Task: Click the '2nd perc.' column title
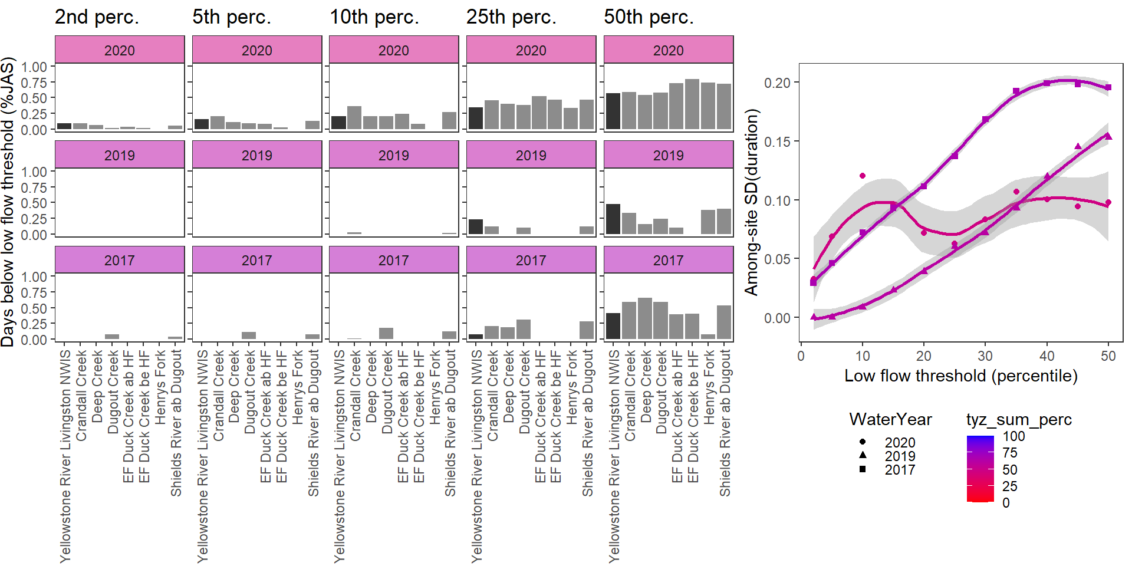click(x=97, y=17)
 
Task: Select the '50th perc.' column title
click(x=649, y=17)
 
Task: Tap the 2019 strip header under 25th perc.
click(x=531, y=155)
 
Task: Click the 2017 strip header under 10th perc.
click(x=393, y=260)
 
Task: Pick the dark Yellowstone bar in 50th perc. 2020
click(x=613, y=111)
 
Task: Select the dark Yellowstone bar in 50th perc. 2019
click(x=613, y=219)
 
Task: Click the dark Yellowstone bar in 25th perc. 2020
click(x=476, y=119)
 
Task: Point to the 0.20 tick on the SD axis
click(x=777, y=83)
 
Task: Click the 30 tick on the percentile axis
click(x=985, y=356)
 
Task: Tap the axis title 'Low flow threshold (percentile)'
click(x=961, y=376)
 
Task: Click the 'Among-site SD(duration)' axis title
click(x=751, y=202)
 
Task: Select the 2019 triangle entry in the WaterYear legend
click(x=863, y=456)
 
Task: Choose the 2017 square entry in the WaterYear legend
click(x=863, y=469)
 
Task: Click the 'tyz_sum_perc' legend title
click(x=1019, y=420)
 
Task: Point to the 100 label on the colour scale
click(x=1013, y=436)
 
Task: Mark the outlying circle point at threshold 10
click(x=863, y=176)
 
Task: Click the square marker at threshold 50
click(x=1108, y=88)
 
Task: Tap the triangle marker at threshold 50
click(x=1108, y=136)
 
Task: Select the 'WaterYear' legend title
click(x=890, y=420)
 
